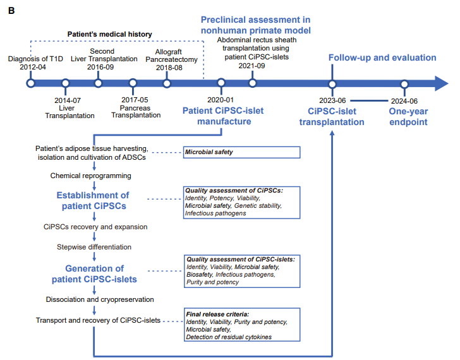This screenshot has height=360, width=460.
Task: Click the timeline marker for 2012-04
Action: pyautogui.click(x=30, y=83)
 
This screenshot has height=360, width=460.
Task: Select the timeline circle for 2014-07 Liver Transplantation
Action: pyautogui.click(x=65, y=83)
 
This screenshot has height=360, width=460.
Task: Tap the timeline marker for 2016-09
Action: pyautogui.click(x=99, y=83)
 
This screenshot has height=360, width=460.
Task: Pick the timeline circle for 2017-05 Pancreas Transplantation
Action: pyautogui.click(x=133, y=83)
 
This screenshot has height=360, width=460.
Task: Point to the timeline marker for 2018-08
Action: pyautogui.click(x=167, y=83)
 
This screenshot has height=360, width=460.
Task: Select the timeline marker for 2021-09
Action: pyautogui.click(x=253, y=83)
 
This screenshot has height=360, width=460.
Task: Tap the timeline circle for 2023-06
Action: pyautogui.click(x=332, y=83)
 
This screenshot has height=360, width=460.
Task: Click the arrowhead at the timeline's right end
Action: pyautogui.click(x=440, y=83)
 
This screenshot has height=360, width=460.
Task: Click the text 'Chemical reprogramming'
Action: pyautogui.click(x=91, y=176)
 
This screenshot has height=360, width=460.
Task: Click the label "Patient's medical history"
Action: pyautogui.click(x=111, y=33)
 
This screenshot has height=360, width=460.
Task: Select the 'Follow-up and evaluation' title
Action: pyautogui.click(x=382, y=57)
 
